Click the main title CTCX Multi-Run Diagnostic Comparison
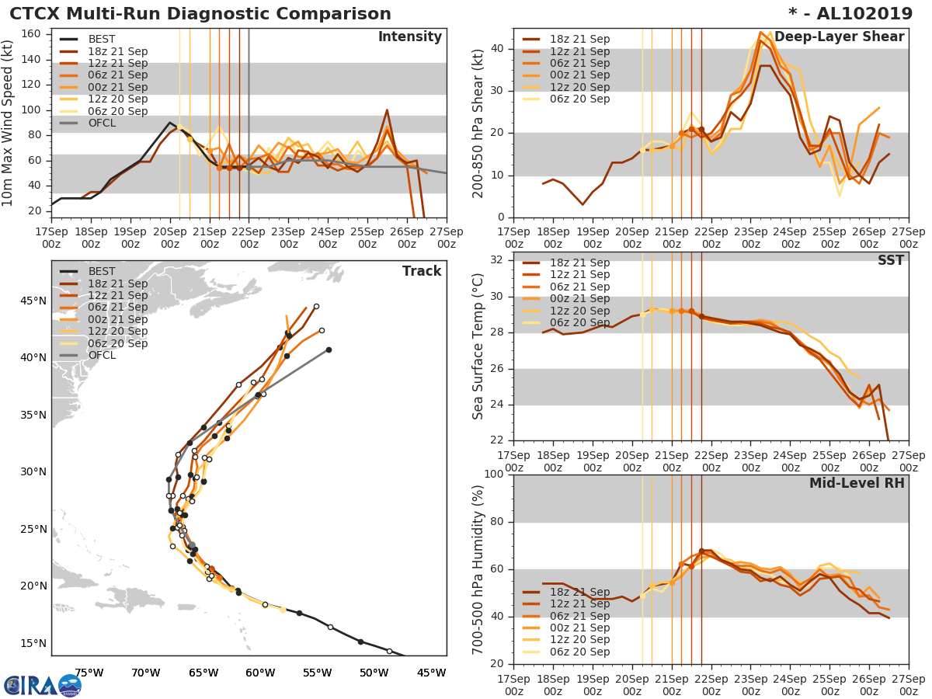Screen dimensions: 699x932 coord(200,14)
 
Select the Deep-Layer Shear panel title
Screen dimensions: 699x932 coord(839,37)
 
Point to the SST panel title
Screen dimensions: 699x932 coord(891,260)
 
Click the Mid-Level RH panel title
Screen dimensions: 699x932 coord(857,483)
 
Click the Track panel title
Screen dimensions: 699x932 coord(422,271)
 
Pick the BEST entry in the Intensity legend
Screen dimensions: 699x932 coord(102,40)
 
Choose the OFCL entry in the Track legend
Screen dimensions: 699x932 coord(102,356)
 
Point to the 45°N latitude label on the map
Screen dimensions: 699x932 coord(32,301)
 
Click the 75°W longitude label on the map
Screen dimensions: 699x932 coord(89,673)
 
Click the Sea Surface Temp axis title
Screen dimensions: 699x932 coord(478,346)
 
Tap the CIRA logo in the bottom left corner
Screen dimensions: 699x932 coord(43,685)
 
